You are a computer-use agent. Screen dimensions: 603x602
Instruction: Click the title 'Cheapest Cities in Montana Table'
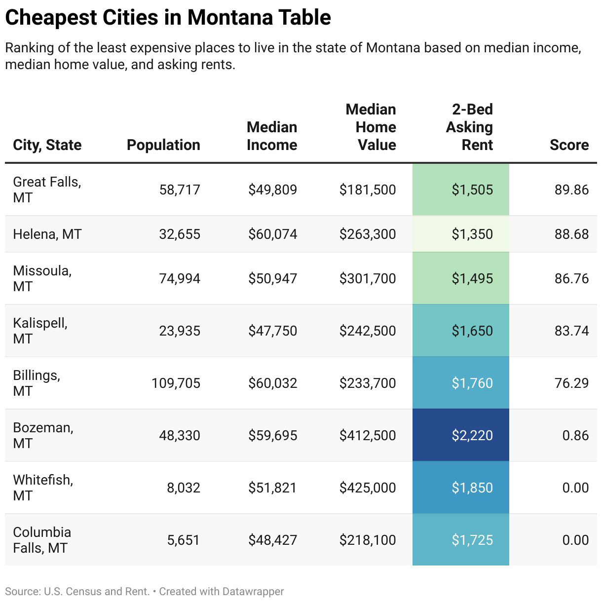click(168, 18)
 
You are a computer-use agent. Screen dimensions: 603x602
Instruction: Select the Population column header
click(163, 145)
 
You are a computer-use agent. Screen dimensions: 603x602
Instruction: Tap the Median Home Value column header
click(371, 127)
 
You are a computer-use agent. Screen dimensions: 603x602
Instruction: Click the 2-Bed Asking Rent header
click(469, 127)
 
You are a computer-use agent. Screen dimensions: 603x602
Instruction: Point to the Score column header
click(569, 145)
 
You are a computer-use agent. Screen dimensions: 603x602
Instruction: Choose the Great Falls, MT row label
click(47, 189)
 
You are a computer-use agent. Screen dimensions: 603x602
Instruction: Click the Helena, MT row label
click(47, 234)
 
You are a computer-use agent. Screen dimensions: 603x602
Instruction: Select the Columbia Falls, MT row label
click(42, 540)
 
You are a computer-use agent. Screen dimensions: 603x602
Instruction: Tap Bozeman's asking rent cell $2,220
click(472, 435)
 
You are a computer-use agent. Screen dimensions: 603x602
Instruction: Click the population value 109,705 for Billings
click(176, 383)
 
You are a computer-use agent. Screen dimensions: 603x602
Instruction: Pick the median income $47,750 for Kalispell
click(272, 331)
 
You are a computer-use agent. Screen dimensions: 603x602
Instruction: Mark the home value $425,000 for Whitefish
click(367, 488)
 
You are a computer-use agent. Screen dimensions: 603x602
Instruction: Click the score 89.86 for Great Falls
click(571, 189)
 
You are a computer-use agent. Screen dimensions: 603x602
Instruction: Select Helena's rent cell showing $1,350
click(472, 234)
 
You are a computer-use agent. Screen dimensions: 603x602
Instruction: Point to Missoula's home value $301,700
click(367, 278)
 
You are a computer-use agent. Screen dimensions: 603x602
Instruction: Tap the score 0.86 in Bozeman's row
click(575, 435)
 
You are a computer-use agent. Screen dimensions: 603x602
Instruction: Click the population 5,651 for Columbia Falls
click(183, 540)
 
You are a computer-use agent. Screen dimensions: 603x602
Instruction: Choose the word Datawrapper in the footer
click(253, 591)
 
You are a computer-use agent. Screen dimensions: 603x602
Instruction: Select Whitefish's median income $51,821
click(272, 488)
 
